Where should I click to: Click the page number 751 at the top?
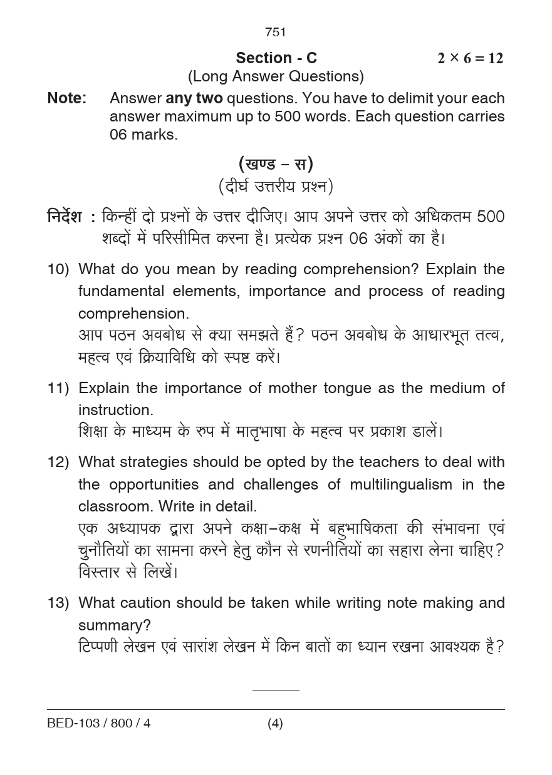point(276,32)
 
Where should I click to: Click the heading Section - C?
point(276,58)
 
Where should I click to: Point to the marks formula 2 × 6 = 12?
point(470,58)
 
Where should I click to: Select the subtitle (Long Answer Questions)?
point(276,76)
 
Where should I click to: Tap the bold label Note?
point(67,98)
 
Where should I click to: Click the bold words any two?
point(194,98)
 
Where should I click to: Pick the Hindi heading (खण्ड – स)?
point(276,164)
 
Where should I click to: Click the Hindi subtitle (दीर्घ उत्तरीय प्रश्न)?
point(276,186)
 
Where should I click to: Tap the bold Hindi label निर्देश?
point(65,217)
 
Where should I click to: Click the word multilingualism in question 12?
point(401,485)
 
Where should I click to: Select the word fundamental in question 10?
point(122,291)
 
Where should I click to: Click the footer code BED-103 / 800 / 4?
point(99,724)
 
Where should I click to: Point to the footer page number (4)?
point(275,724)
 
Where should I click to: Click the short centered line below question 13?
point(276,690)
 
